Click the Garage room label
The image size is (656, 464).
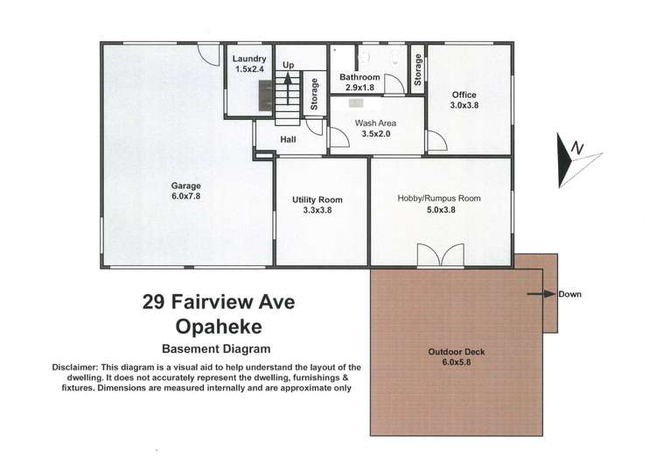click(x=185, y=186)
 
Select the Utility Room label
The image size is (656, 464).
click(x=317, y=200)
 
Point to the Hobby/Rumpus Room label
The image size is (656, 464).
click(x=439, y=199)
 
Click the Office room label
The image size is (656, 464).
click(x=464, y=95)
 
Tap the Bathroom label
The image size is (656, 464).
click(x=359, y=77)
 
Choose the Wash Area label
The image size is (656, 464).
click(x=375, y=123)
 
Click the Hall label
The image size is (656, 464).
click(x=289, y=139)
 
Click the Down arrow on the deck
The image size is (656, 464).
click(x=541, y=294)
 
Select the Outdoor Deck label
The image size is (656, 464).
click(x=456, y=352)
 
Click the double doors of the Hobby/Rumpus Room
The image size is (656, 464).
click(x=437, y=256)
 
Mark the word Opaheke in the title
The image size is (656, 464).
click(x=219, y=327)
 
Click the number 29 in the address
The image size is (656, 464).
click(x=155, y=303)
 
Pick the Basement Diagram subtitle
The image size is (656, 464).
click(x=219, y=348)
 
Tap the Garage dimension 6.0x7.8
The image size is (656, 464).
click(x=185, y=197)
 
